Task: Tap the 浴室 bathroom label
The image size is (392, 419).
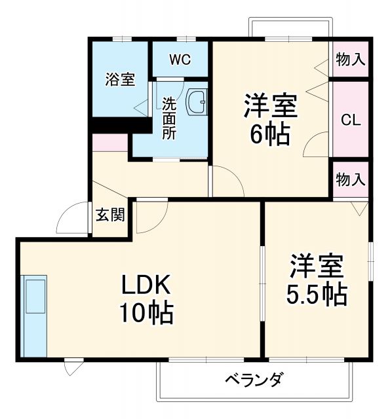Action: point(121,80)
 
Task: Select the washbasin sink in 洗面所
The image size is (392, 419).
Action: point(197,101)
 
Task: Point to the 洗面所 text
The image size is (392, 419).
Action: point(169,118)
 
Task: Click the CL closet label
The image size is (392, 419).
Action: point(349,120)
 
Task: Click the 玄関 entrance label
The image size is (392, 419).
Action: point(111,214)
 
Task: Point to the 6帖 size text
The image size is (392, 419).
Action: point(271,134)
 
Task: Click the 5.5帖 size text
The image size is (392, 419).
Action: point(316,295)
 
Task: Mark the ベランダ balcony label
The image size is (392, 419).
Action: point(254,379)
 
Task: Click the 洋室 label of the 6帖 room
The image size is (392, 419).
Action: point(271,105)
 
